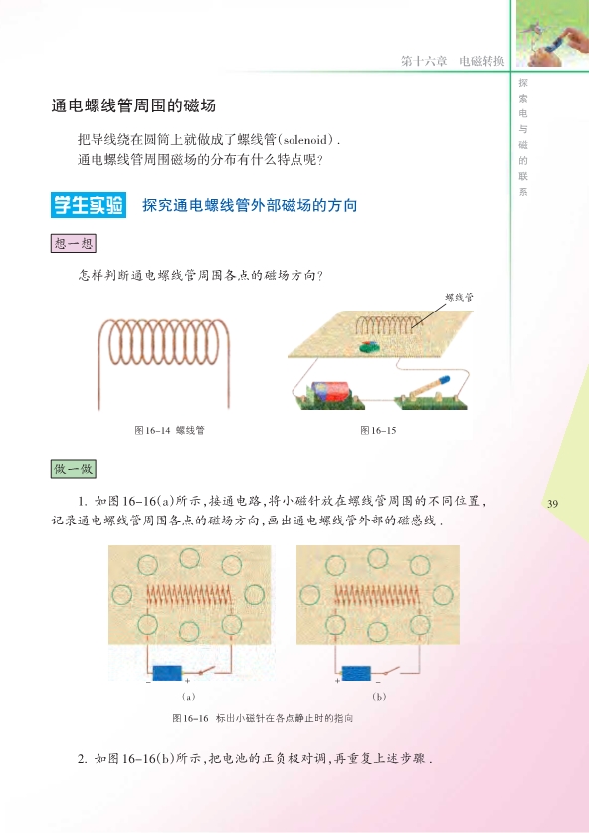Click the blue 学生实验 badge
pyautogui.click(x=89, y=205)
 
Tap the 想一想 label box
pyautogui.click(x=74, y=243)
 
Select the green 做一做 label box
pyautogui.click(x=74, y=469)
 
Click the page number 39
pyautogui.click(x=553, y=504)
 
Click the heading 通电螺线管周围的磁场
pyautogui.click(x=133, y=105)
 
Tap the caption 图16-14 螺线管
pyautogui.click(x=169, y=430)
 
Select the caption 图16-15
pyautogui.click(x=378, y=430)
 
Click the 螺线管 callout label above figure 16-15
pyautogui.click(x=459, y=297)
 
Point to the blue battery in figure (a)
pyautogui.click(x=167, y=673)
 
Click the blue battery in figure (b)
pyautogui.click(x=356, y=673)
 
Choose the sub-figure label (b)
pyautogui.click(x=379, y=696)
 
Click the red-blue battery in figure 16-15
pyautogui.click(x=327, y=392)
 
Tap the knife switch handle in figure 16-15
pyautogui.click(x=429, y=386)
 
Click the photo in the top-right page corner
pyautogui.click(x=552, y=33)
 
